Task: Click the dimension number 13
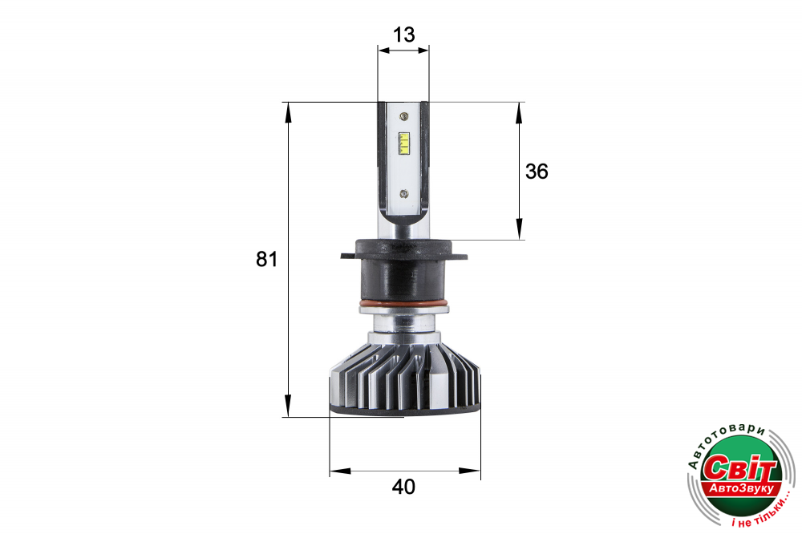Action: [403, 34]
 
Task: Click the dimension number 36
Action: [537, 172]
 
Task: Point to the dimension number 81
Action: [266, 259]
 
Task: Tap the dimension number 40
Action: [403, 487]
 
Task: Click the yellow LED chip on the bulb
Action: [404, 144]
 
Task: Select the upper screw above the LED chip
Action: [404, 116]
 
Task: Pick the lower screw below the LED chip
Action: [403, 193]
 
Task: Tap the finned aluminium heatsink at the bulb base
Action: [404, 378]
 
